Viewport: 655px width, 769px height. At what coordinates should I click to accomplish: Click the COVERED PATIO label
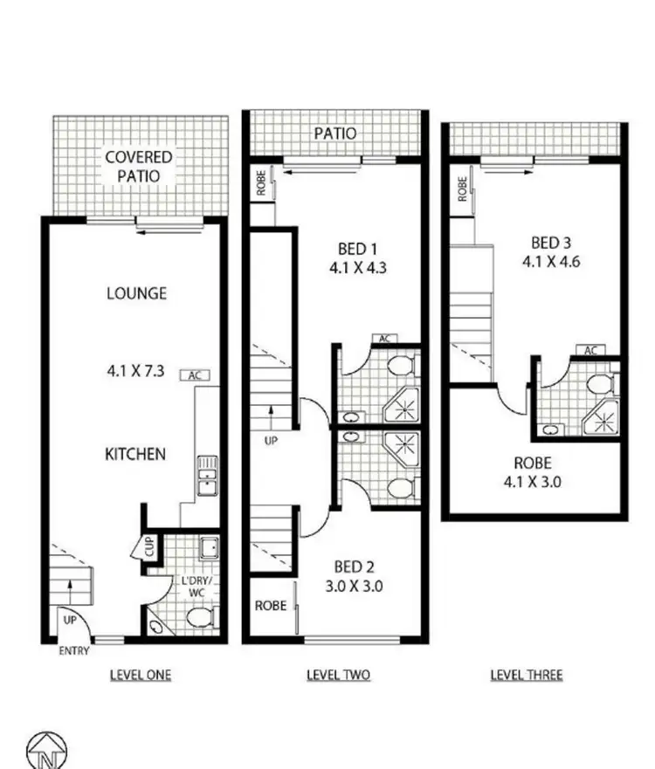(138, 166)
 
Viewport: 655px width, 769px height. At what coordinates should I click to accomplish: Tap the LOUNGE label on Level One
(136, 293)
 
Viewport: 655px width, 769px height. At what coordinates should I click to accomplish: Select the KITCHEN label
(135, 455)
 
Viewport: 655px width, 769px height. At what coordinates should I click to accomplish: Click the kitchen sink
(206, 476)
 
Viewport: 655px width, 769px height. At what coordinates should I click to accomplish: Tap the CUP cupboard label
(150, 549)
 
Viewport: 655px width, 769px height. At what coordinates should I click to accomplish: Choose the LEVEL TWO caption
(339, 675)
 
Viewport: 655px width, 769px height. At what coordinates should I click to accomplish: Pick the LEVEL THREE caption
(526, 675)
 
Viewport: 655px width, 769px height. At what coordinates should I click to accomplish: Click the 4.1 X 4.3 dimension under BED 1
(357, 269)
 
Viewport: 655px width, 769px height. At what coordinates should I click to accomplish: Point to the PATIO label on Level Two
(335, 134)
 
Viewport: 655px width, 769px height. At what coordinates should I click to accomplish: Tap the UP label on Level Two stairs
(271, 441)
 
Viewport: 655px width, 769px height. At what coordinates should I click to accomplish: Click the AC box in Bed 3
(591, 351)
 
